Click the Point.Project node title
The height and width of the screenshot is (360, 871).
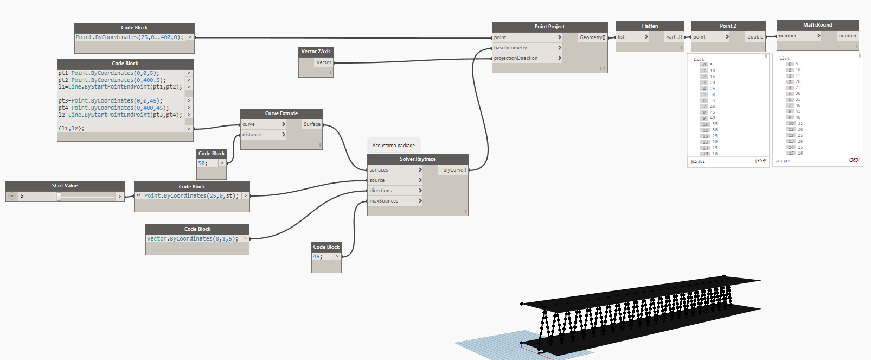[549, 27]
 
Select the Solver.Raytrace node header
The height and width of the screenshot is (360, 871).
[418, 159]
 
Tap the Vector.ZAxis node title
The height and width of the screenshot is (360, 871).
[316, 52]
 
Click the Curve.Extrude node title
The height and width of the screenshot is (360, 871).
[281, 113]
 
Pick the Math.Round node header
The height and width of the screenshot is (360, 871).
[817, 25]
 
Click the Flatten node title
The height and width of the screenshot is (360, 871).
[650, 26]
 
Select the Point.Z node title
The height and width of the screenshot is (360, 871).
[728, 26]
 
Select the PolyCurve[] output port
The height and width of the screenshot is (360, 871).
[453, 170]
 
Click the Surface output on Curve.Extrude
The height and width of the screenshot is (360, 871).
[312, 124]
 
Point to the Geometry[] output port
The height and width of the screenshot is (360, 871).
[592, 37]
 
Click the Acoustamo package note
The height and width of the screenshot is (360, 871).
[394, 146]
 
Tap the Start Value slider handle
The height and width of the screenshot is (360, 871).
[59, 197]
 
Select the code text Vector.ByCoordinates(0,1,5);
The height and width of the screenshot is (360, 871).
[192, 239]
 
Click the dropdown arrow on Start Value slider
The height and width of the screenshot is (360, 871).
[11, 196]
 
